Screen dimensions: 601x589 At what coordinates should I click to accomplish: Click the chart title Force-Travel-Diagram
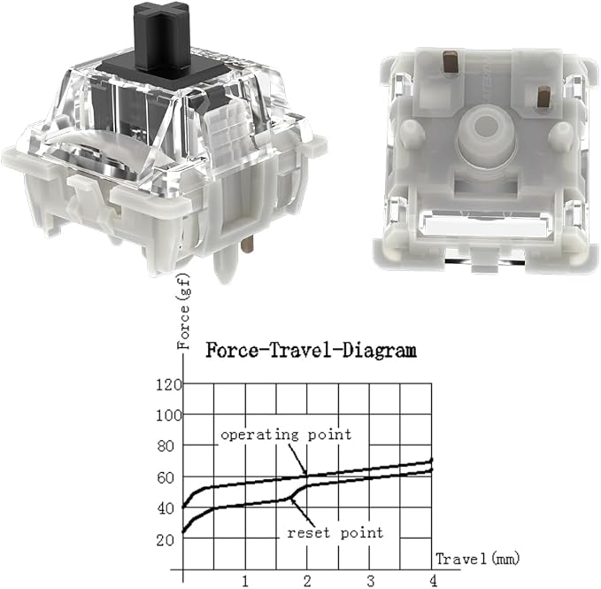311,351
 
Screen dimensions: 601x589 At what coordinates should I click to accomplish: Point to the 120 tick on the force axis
169,384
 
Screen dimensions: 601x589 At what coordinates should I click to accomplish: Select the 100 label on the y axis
169,415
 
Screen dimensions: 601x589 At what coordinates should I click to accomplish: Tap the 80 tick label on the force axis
166,446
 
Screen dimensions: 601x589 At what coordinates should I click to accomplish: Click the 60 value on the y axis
166,477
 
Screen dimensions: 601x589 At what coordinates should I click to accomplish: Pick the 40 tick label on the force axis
166,509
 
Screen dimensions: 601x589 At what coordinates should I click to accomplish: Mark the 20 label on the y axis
166,540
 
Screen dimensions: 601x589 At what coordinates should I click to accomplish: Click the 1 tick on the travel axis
245,581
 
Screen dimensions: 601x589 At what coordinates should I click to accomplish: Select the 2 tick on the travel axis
307,581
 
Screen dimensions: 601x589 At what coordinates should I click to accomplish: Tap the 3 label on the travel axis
370,581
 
